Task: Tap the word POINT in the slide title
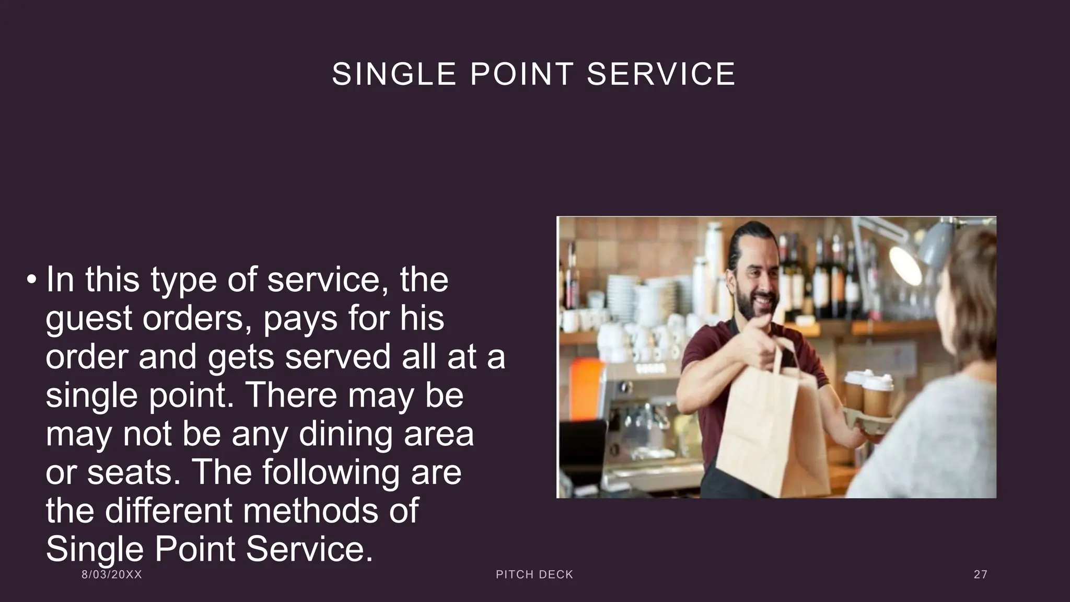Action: [x=522, y=74]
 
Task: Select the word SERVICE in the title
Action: [x=661, y=74]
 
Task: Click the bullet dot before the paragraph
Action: [x=32, y=280]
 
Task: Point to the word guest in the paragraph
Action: [x=89, y=318]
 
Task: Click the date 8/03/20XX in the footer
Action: [x=112, y=575]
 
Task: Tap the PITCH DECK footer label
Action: [x=534, y=575]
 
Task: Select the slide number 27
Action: [x=981, y=575]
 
